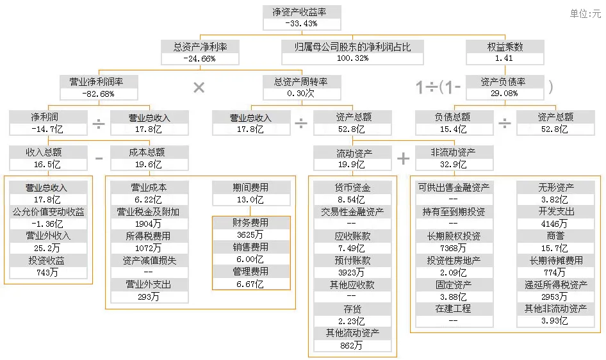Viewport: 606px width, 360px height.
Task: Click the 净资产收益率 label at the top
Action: [x=302, y=12]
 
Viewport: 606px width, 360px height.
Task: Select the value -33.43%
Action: [x=302, y=23]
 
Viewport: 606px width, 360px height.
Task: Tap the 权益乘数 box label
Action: [x=505, y=47]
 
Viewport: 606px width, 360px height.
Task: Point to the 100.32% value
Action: [x=352, y=58]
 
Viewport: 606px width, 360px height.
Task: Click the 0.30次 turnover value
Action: [x=301, y=94]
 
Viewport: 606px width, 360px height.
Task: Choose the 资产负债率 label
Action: [x=505, y=82]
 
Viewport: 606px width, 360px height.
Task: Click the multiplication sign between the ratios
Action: [x=199, y=88]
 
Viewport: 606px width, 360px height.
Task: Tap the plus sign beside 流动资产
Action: [x=403, y=158]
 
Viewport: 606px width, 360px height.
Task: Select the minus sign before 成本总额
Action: [x=99, y=158]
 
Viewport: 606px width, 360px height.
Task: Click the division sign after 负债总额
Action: [x=505, y=123]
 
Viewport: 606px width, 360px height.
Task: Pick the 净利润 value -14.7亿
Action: [x=48, y=129]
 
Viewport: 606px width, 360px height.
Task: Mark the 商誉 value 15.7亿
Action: [x=554, y=247]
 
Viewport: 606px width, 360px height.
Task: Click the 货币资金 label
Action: [x=352, y=188]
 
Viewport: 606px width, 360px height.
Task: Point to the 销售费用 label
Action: [x=250, y=247]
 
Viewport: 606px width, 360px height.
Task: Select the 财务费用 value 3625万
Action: [x=250, y=235]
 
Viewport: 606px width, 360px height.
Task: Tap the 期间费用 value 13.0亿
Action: [x=250, y=199]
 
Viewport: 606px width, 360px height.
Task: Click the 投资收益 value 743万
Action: [x=48, y=272]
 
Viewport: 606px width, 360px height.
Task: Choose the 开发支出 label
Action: [x=554, y=211]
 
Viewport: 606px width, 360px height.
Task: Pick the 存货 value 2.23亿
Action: [x=352, y=321]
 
